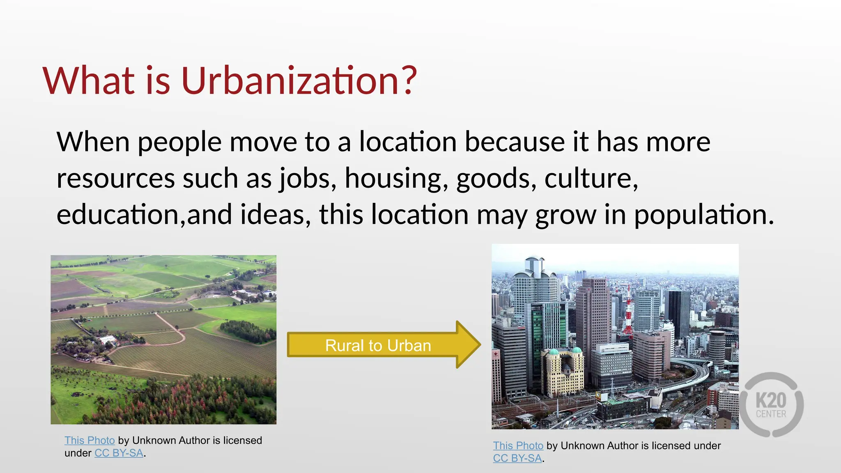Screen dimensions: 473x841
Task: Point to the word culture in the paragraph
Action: click(591, 179)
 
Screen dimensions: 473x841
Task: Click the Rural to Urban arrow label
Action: click(378, 346)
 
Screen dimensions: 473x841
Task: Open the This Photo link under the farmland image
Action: click(90, 441)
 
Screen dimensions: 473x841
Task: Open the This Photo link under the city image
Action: click(518, 446)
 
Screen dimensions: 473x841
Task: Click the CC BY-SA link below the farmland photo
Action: click(119, 453)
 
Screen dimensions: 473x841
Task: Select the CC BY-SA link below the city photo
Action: click(517, 458)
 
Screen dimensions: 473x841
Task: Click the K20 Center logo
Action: click(771, 405)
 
